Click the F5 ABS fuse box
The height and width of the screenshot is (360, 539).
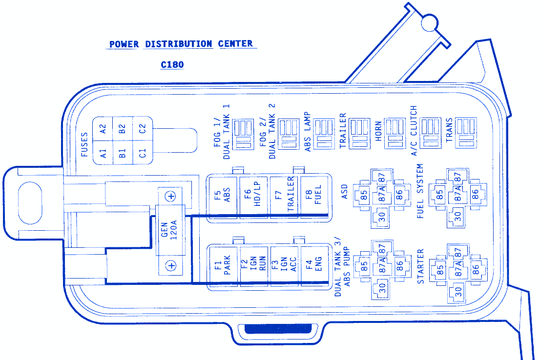[x=223, y=197]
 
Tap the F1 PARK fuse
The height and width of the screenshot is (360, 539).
[x=223, y=266]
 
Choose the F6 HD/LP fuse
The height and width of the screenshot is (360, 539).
[x=253, y=197]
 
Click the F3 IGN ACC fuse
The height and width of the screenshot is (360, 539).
[x=284, y=266]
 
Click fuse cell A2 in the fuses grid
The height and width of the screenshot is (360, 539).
[x=103, y=129]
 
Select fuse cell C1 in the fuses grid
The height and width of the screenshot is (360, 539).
[x=142, y=153]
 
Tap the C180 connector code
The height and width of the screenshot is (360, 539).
[x=172, y=64]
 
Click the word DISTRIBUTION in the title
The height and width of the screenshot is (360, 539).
[x=178, y=44]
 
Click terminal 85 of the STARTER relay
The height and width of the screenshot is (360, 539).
[x=440, y=269]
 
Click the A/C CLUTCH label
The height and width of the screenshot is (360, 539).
[x=414, y=131]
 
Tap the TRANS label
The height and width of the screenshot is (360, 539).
[x=449, y=131]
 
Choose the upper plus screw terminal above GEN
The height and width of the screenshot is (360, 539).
[x=170, y=196]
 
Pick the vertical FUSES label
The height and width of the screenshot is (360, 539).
[x=84, y=144]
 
